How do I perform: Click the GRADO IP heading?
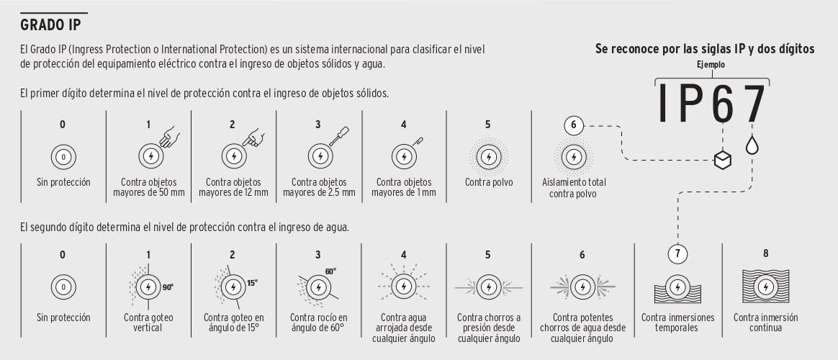pyautogui.click(x=50, y=25)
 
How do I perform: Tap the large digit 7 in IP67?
pyautogui.click(x=752, y=103)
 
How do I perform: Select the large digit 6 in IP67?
pyautogui.click(x=722, y=103)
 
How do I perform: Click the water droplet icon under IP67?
pyautogui.click(x=752, y=145)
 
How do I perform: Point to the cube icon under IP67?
pyautogui.click(x=723, y=159)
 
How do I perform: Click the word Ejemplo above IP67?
pyautogui.click(x=711, y=65)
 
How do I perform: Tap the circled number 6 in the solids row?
pyautogui.click(x=574, y=126)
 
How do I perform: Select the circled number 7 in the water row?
pyautogui.click(x=677, y=253)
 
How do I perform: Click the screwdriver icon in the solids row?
pyautogui.click(x=339, y=135)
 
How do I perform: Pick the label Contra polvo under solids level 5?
pyautogui.click(x=489, y=182)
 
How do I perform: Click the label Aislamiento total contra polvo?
pyautogui.click(x=574, y=187)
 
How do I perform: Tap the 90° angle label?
pyautogui.click(x=168, y=287)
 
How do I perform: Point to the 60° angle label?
pyautogui.click(x=331, y=271)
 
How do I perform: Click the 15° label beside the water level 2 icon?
pyautogui.click(x=253, y=282)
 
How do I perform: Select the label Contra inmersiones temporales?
pyautogui.click(x=677, y=323)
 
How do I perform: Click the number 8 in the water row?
pyautogui.click(x=765, y=253)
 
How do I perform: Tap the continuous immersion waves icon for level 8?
pyautogui.click(x=765, y=287)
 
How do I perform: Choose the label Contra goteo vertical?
pyautogui.click(x=148, y=323)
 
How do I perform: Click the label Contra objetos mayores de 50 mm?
pyautogui.click(x=148, y=187)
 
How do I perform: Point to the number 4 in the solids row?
pyautogui.click(x=403, y=125)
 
